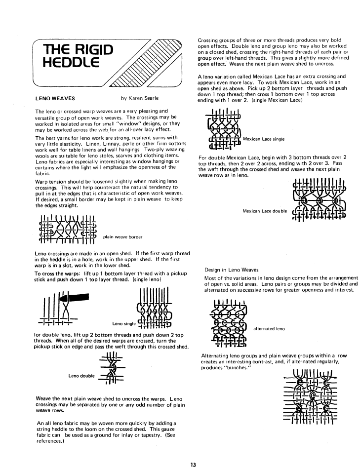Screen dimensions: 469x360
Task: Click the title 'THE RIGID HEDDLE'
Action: click(79, 56)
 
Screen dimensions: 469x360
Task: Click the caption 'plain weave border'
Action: click(123, 236)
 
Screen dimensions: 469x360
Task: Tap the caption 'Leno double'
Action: click(81, 376)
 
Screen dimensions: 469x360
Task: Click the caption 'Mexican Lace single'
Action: click(264, 139)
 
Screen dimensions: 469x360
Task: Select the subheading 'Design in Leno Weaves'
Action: click(231, 270)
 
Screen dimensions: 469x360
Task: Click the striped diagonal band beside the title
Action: click(148, 62)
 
